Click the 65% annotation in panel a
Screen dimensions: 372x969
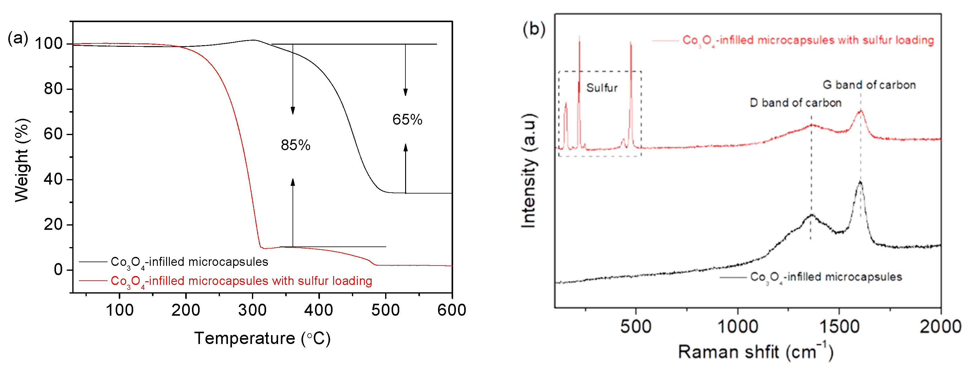[407, 120]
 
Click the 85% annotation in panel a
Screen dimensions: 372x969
[295, 145]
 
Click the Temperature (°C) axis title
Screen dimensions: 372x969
[262, 338]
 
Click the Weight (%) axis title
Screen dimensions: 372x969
[22, 160]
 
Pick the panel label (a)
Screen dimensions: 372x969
[18, 38]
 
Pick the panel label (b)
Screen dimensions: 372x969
[534, 29]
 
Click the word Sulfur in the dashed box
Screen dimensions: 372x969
[601, 88]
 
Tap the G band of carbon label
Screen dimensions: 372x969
[869, 85]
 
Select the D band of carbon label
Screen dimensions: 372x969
[795, 103]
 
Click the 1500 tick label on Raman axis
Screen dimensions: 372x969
[839, 326]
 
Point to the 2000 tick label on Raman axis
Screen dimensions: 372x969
[940, 326]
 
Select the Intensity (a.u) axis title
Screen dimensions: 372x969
[529, 170]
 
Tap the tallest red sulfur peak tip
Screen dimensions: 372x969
[579, 37]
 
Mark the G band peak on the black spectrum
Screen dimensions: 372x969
[860, 182]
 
